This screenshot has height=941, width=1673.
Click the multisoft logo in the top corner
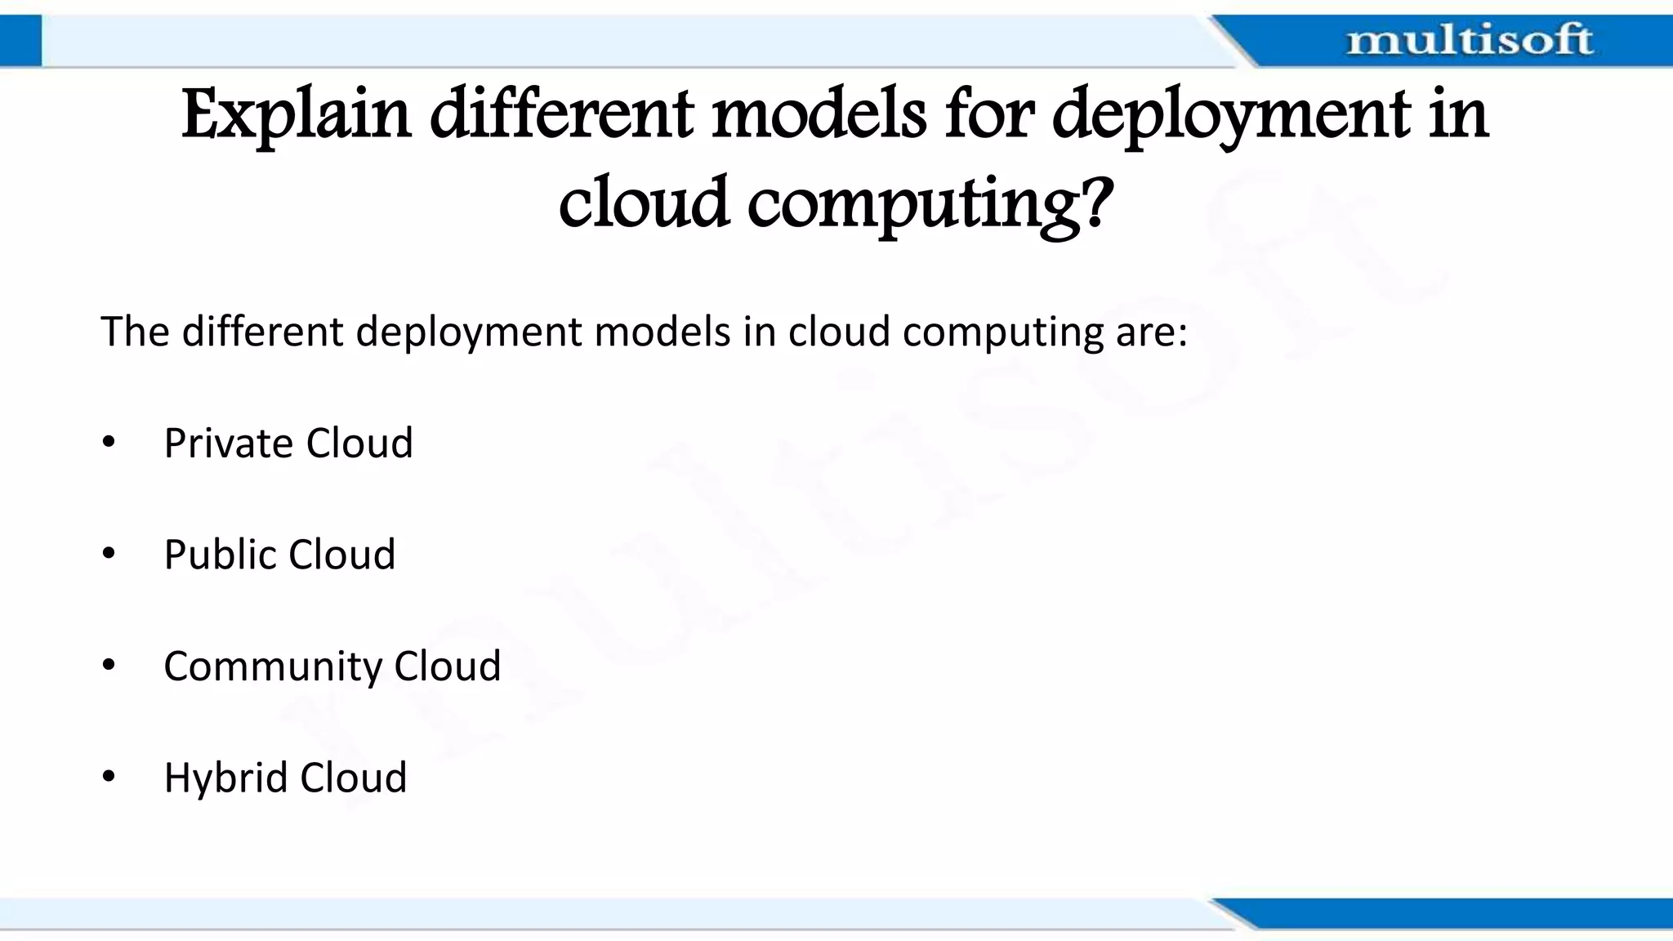tap(1469, 40)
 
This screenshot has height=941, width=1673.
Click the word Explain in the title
tap(295, 114)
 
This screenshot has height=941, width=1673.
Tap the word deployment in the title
tap(1229, 114)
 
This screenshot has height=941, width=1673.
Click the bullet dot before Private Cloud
tap(109, 444)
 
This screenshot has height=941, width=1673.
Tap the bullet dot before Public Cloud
tap(109, 555)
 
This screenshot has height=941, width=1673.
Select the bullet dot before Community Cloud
tap(109, 666)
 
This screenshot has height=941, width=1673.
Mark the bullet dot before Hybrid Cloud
tap(109, 778)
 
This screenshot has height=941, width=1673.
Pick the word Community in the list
tap(273, 667)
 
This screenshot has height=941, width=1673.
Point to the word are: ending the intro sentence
tap(1151, 332)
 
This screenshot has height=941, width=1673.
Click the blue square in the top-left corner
tap(20, 40)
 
